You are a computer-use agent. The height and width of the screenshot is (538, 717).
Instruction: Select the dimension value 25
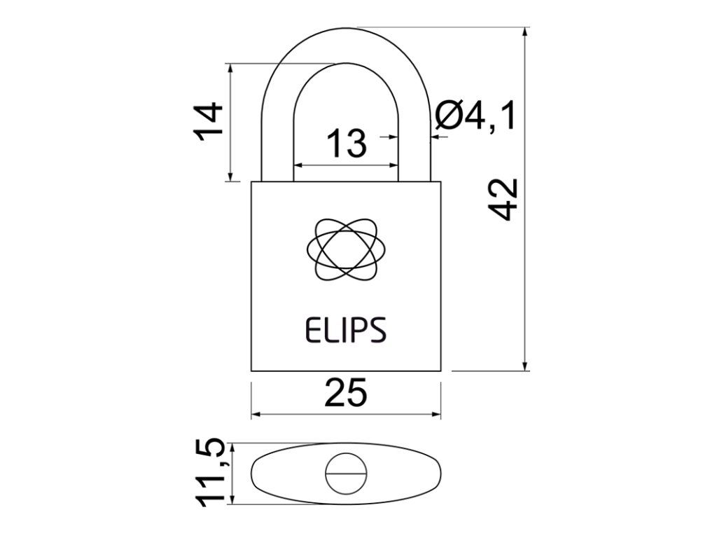(345, 394)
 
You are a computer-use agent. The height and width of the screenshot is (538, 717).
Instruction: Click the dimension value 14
(209, 123)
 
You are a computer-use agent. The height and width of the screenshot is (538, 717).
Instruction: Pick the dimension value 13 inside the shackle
(346, 143)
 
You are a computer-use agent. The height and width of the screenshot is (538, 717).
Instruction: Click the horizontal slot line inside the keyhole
(345, 474)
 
